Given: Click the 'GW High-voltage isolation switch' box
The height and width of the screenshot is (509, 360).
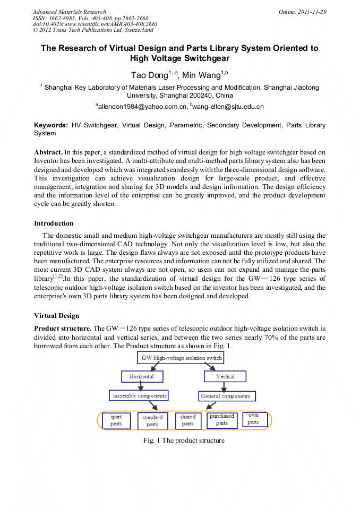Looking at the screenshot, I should point(182,358).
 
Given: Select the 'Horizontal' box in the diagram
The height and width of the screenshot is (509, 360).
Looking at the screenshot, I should point(141,376).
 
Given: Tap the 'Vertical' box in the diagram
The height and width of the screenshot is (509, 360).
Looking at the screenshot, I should point(226,376).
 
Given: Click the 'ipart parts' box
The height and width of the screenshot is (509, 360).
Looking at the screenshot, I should point(116,420).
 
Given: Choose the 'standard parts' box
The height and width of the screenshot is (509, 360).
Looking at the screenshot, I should point(152,421).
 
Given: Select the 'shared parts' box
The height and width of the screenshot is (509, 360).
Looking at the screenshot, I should point(188,420).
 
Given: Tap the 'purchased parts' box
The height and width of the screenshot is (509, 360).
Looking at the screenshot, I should point(222,420).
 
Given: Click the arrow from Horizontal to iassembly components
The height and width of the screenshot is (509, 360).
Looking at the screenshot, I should point(141,386).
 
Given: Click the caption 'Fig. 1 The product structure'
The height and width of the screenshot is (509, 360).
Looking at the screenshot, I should point(184,441).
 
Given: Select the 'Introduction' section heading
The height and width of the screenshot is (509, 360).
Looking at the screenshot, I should point(54,223).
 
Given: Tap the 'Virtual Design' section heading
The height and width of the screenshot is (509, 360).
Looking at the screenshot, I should point(56,315).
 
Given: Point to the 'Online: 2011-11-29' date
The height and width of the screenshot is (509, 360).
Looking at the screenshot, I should point(302,12).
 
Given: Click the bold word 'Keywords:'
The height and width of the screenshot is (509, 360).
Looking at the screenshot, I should point(51,125).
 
